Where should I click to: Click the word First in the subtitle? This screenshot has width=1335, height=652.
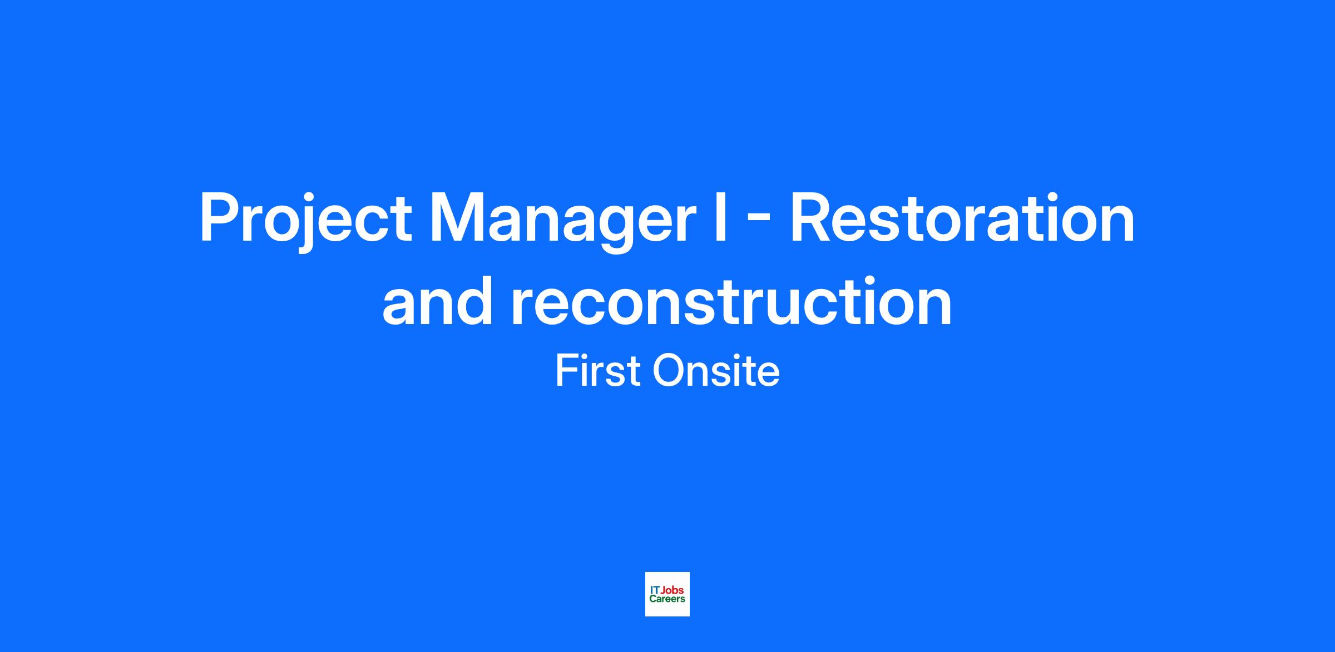click(x=597, y=371)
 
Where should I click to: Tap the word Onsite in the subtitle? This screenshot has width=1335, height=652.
click(x=716, y=371)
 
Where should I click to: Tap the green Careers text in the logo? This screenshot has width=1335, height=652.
click(x=667, y=599)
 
